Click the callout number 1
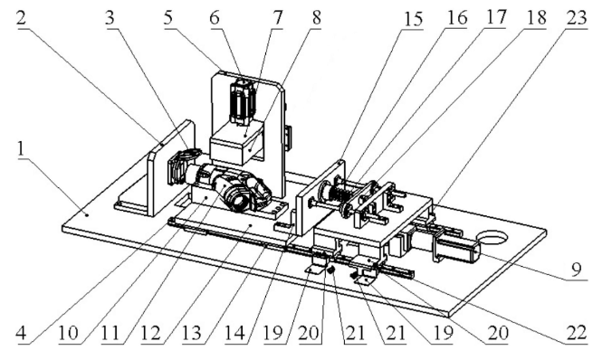(x=21, y=149)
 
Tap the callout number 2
(x=22, y=17)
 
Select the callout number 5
(x=168, y=17)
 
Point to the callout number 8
(x=316, y=18)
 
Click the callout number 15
(x=413, y=19)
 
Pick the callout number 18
(x=536, y=18)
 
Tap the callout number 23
(x=577, y=18)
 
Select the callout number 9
(x=576, y=270)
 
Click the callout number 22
(x=577, y=332)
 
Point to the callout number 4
(x=22, y=332)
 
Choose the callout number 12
(x=150, y=333)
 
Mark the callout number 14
(x=234, y=333)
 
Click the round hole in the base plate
(x=492, y=237)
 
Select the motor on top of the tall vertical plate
(x=242, y=101)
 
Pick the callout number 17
(x=495, y=18)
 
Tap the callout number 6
(x=215, y=17)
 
